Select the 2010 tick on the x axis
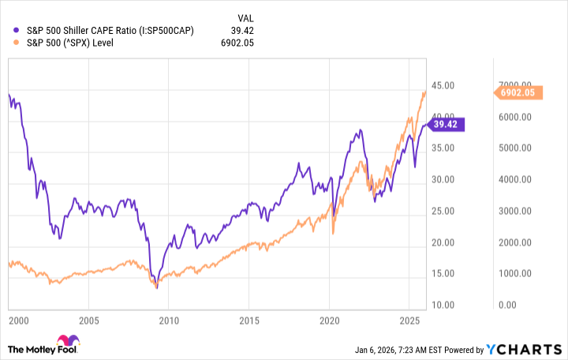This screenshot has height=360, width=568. (169, 321)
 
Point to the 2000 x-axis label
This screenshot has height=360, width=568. (9, 321)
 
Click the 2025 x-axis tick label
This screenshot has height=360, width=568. (409, 321)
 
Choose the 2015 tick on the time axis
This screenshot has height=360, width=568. (249, 321)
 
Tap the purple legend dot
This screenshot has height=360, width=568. (17, 30)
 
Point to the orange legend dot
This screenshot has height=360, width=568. (17, 43)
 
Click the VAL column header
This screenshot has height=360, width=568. (247, 17)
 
